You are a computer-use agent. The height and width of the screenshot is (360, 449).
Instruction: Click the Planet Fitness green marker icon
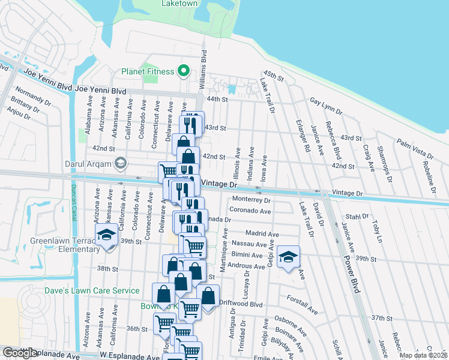[184, 72]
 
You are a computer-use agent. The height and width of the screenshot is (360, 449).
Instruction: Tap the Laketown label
[180, 4]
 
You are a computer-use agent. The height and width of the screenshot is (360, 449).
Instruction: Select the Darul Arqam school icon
[121, 163]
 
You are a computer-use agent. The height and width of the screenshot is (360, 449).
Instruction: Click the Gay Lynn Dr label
[327, 107]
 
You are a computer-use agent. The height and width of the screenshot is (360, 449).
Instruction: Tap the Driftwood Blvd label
[241, 304]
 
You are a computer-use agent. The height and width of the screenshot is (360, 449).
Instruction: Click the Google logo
[20, 353]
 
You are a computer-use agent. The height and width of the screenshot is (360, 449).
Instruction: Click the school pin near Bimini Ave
[288, 257]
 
